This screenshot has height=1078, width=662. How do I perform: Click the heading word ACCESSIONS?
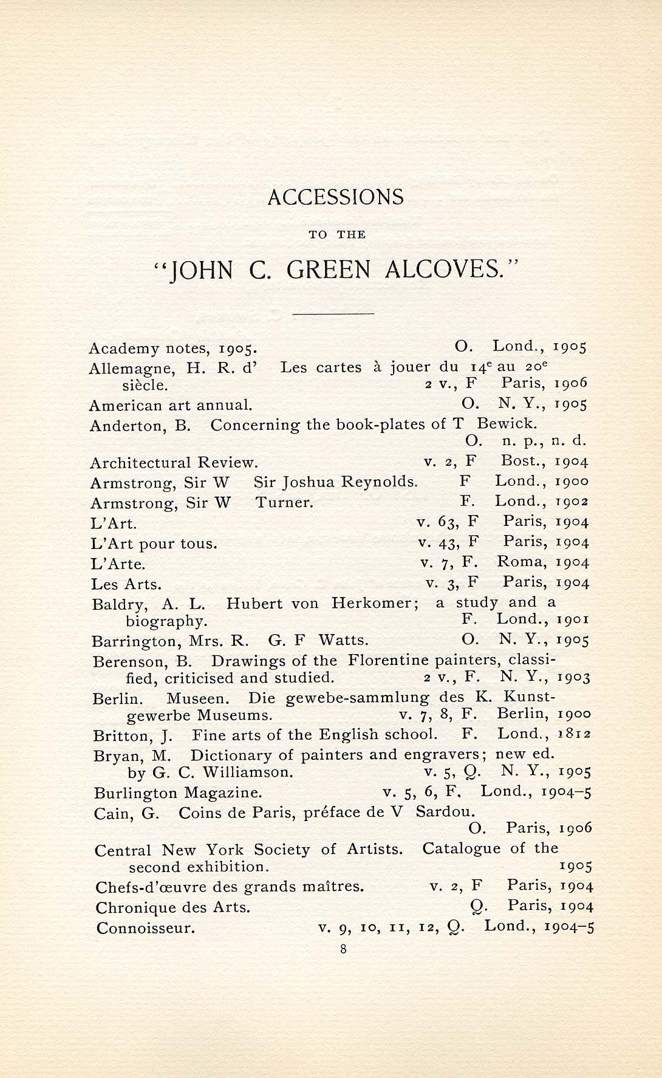click(x=335, y=197)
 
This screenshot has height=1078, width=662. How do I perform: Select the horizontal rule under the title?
click(x=333, y=313)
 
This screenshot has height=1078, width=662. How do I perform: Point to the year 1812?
click(x=574, y=734)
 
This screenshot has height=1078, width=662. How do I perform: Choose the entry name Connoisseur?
click(x=146, y=929)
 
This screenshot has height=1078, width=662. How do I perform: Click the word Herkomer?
click(x=375, y=604)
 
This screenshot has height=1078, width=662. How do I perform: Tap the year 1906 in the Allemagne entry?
click(x=571, y=383)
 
